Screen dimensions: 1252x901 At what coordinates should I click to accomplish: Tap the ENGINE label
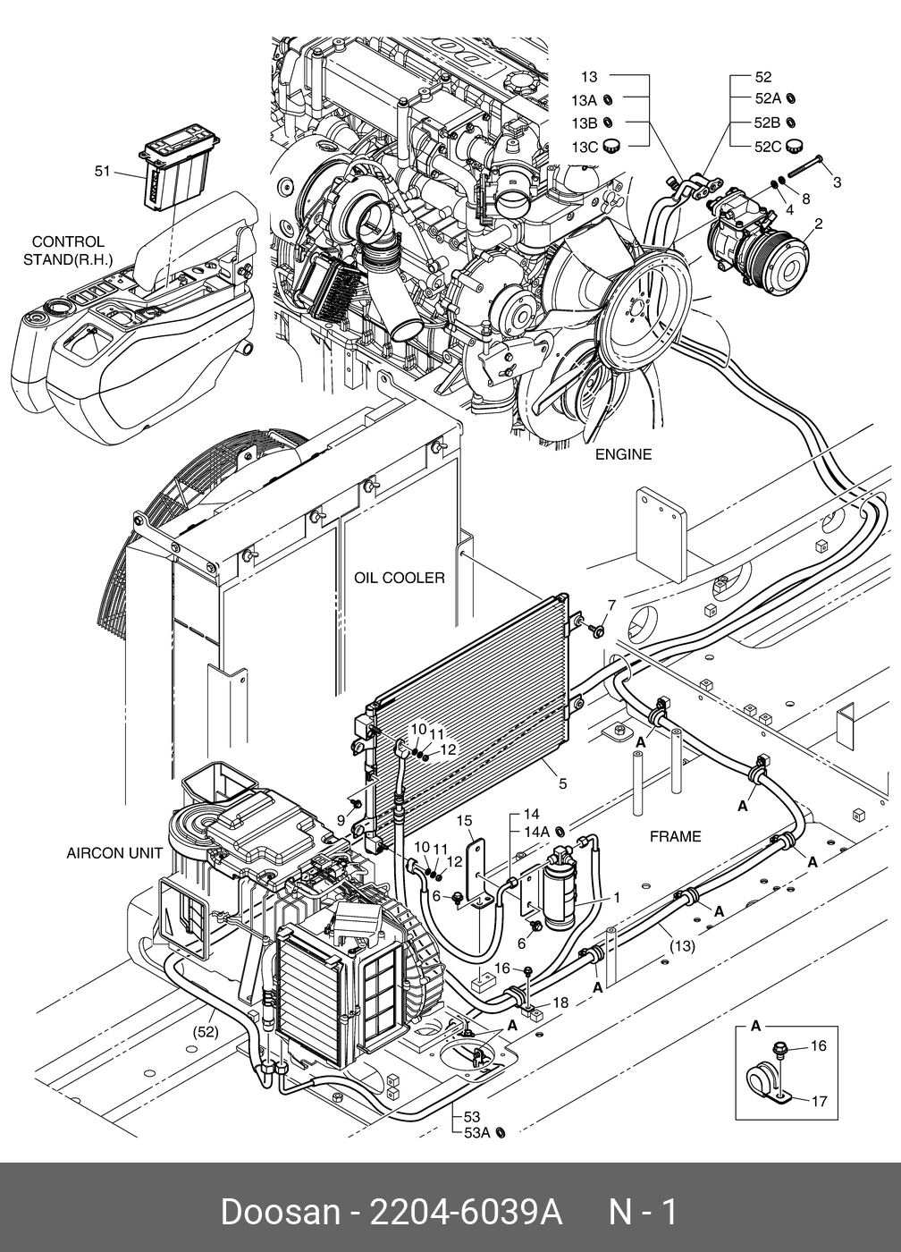click(x=623, y=454)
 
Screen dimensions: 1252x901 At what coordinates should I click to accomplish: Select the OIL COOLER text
click(x=399, y=578)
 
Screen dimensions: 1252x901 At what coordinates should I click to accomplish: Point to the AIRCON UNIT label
click(x=114, y=853)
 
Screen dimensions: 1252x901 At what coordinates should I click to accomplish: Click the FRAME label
click(x=675, y=837)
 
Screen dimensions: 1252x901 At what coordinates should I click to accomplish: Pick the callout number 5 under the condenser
click(x=562, y=784)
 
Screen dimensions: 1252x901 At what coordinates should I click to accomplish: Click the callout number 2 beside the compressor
click(x=818, y=224)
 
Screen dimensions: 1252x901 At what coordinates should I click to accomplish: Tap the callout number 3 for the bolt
click(x=837, y=182)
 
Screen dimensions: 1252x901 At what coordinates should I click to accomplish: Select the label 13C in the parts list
click(x=585, y=147)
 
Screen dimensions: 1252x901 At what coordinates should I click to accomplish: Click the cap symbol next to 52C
click(x=792, y=146)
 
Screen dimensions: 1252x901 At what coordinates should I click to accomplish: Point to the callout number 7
click(x=611, y=605)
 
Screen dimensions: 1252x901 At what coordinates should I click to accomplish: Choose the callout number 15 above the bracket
click(x=464, y=820)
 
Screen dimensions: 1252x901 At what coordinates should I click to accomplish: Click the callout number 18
click(x=560, y=1002)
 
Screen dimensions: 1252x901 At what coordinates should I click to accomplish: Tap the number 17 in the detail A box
click(x=818, y=1101)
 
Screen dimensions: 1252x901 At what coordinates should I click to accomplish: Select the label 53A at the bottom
click(x=477, y=1133)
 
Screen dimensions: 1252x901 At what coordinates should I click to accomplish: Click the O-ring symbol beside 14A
click(x=560, y=831)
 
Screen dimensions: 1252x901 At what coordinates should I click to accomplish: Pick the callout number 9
click(x=341, y=819)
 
